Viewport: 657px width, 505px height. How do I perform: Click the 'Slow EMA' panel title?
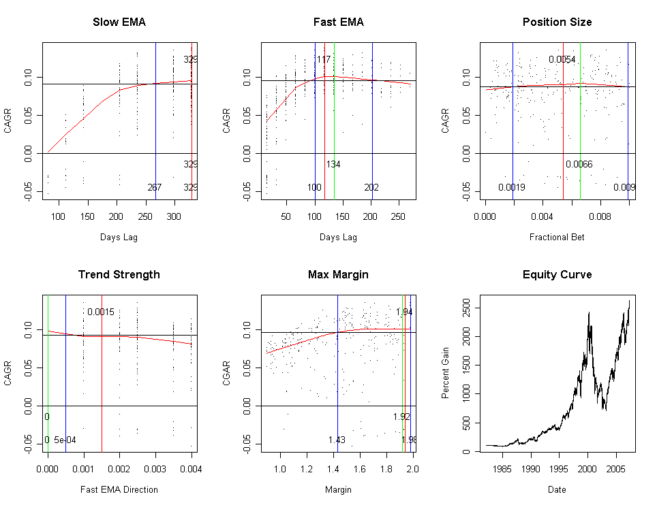119,22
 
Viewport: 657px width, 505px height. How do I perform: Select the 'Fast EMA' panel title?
338,22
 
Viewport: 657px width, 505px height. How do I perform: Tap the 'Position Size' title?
557,22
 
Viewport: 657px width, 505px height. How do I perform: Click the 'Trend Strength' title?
119,275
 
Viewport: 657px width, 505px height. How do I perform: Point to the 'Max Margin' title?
338,275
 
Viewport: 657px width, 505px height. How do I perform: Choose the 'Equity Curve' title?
557,275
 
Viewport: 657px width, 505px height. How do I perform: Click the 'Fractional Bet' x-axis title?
557,238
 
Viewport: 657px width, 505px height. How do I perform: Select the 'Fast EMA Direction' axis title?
119,489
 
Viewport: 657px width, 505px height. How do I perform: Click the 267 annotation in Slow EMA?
155,188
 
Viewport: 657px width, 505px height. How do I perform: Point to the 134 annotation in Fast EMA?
333,165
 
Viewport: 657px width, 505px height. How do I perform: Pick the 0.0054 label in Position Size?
562,60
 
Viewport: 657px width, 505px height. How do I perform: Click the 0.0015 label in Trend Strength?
101,312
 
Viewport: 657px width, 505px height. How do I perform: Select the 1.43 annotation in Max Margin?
337,440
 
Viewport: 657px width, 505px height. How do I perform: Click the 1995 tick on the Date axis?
559,469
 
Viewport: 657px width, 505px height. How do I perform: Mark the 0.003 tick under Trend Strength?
155,469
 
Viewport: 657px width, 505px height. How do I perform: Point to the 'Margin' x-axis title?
338,489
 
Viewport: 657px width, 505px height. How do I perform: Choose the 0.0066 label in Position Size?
579,165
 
